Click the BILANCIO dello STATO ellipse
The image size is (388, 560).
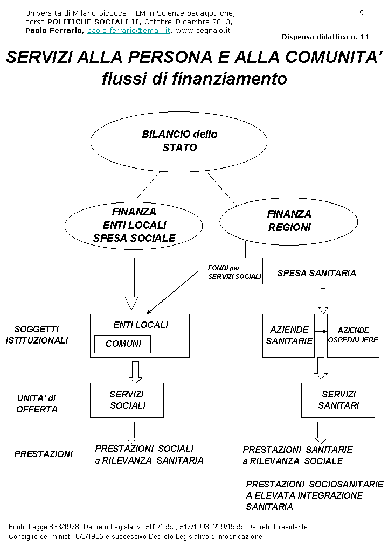[179, 141]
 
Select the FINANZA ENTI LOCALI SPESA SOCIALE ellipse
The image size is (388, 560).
[134, 225]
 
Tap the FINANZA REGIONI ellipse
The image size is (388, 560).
[289, 221]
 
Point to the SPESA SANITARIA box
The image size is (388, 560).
[318, 271]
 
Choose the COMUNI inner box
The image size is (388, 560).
[122, 344]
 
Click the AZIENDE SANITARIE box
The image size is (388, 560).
[288, 335]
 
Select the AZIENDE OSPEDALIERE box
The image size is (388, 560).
[353, 335]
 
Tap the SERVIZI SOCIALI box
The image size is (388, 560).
[127, 400]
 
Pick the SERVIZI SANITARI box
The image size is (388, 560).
[338, 400]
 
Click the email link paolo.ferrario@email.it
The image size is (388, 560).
[129, 31]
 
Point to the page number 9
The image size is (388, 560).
[361, 12]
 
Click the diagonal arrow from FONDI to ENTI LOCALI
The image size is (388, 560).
[172, 292]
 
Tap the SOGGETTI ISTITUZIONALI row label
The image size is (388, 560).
[37, 334]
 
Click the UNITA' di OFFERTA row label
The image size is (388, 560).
[37, 403]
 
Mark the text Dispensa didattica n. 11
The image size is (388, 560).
[325, 37]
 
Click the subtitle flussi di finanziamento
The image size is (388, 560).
[194, 79]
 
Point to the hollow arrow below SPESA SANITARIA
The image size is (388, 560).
[323, 300]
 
